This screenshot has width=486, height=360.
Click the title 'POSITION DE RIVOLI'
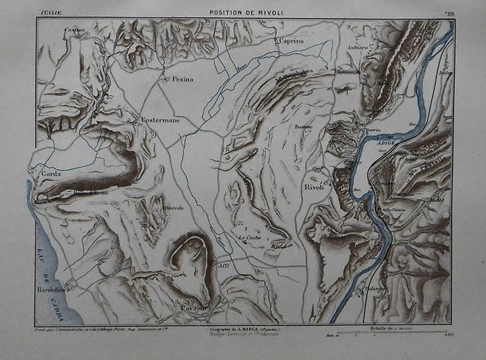[x=241, y=13]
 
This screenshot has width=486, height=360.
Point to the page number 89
[x=449, y=12]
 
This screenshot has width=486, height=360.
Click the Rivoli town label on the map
[x=314, y=187]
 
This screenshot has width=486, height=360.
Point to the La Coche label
[x=249, y=239]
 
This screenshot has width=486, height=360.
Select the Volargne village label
[x=374, y=289]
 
